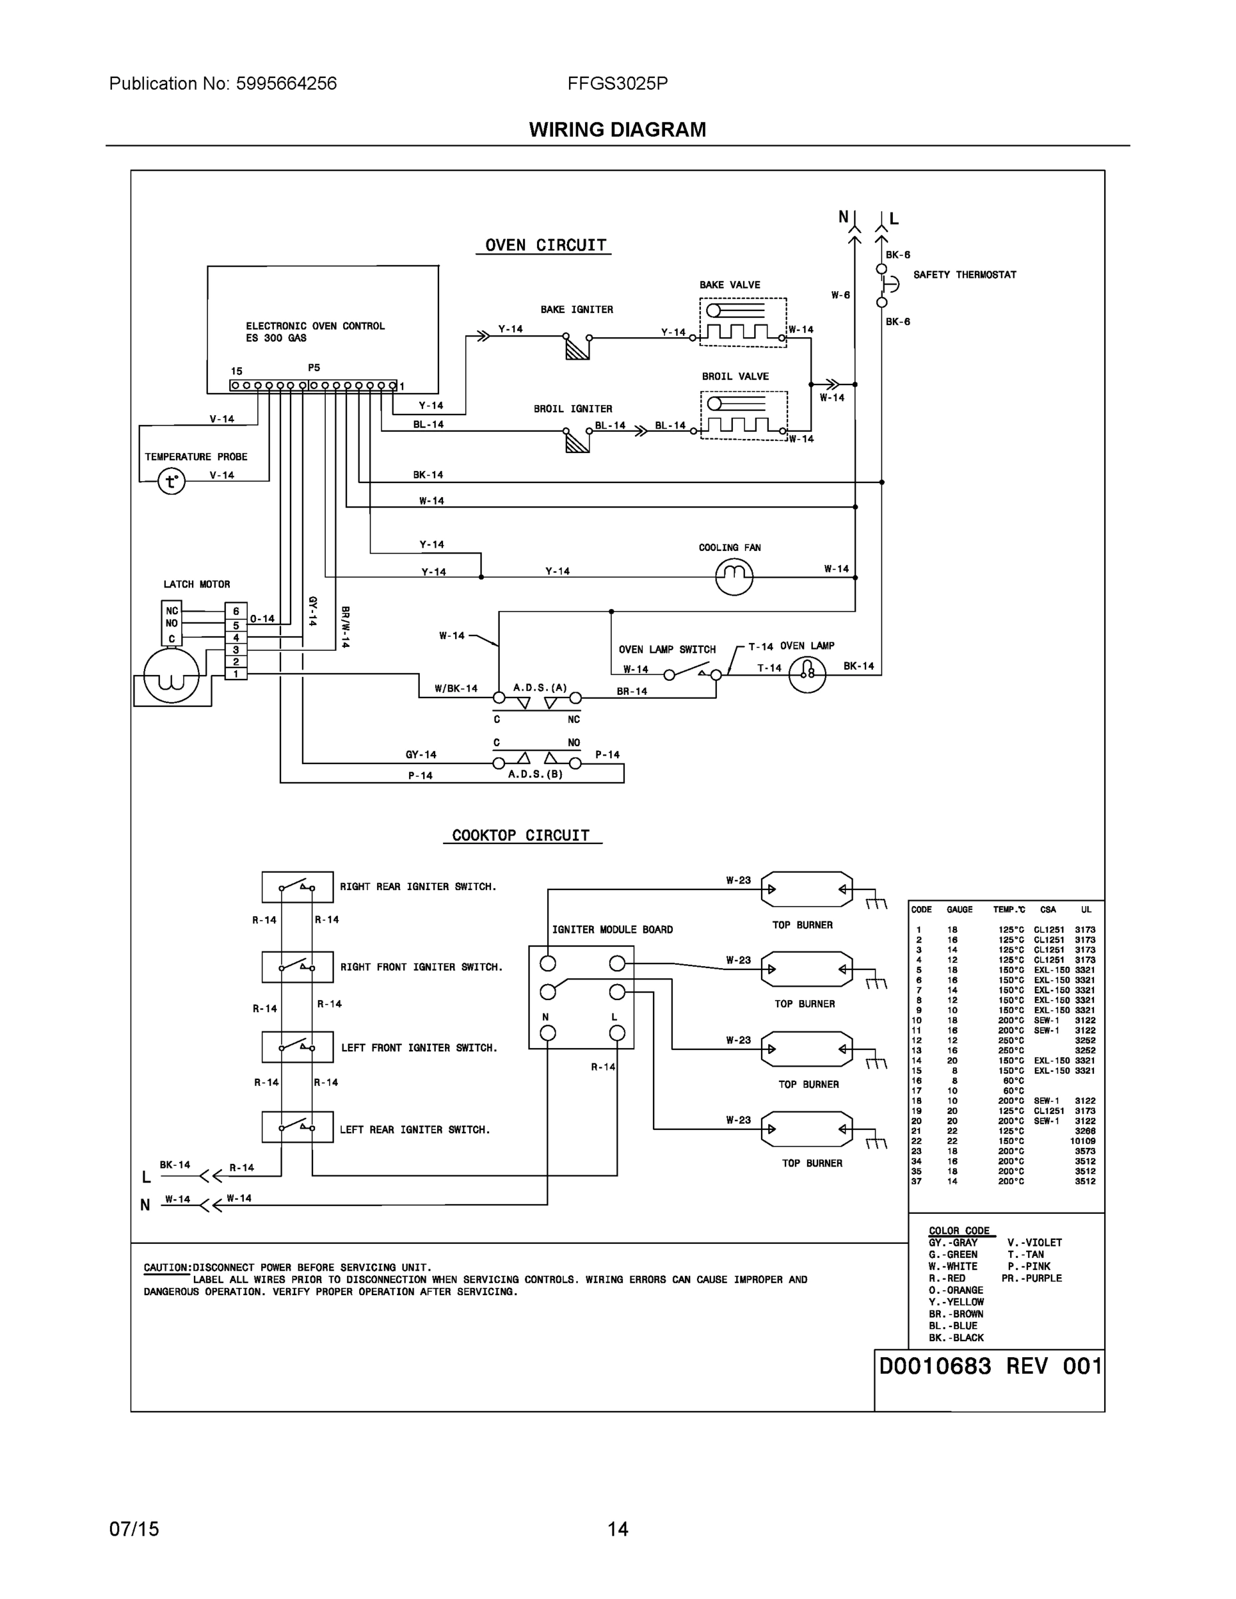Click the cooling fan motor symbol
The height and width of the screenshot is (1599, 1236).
tap(734, 576)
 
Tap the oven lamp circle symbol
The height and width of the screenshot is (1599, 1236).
tap(807, 674)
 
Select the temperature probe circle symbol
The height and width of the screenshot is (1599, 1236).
tap(171, 482)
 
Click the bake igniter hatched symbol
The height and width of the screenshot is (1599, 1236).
tap(577, 348)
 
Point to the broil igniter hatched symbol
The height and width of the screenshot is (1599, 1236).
tap(577, 442)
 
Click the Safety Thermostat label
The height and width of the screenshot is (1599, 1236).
tap(964, 274)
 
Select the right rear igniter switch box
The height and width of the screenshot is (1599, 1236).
tap(297, 887)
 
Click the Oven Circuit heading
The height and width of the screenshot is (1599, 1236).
tap(546, 245)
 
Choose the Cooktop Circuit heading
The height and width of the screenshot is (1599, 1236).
tap(520, 835)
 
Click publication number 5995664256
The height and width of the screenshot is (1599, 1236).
tap(286, 83)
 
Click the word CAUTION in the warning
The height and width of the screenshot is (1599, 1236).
tap(165, 1267)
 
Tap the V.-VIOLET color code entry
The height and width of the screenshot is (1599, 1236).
tap(1034, 1243)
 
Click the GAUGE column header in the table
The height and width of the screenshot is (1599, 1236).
tap(959, 909)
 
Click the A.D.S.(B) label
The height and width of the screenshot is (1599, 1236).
tap(535, 774)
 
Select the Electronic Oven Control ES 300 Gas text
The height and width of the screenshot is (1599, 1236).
tap(315, 332)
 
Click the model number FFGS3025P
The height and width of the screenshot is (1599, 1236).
tap(617, 83)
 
